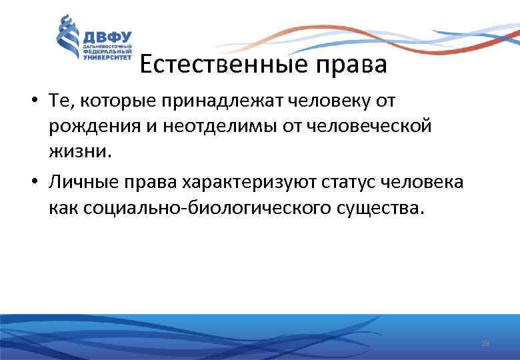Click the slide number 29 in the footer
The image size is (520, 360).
485,343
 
